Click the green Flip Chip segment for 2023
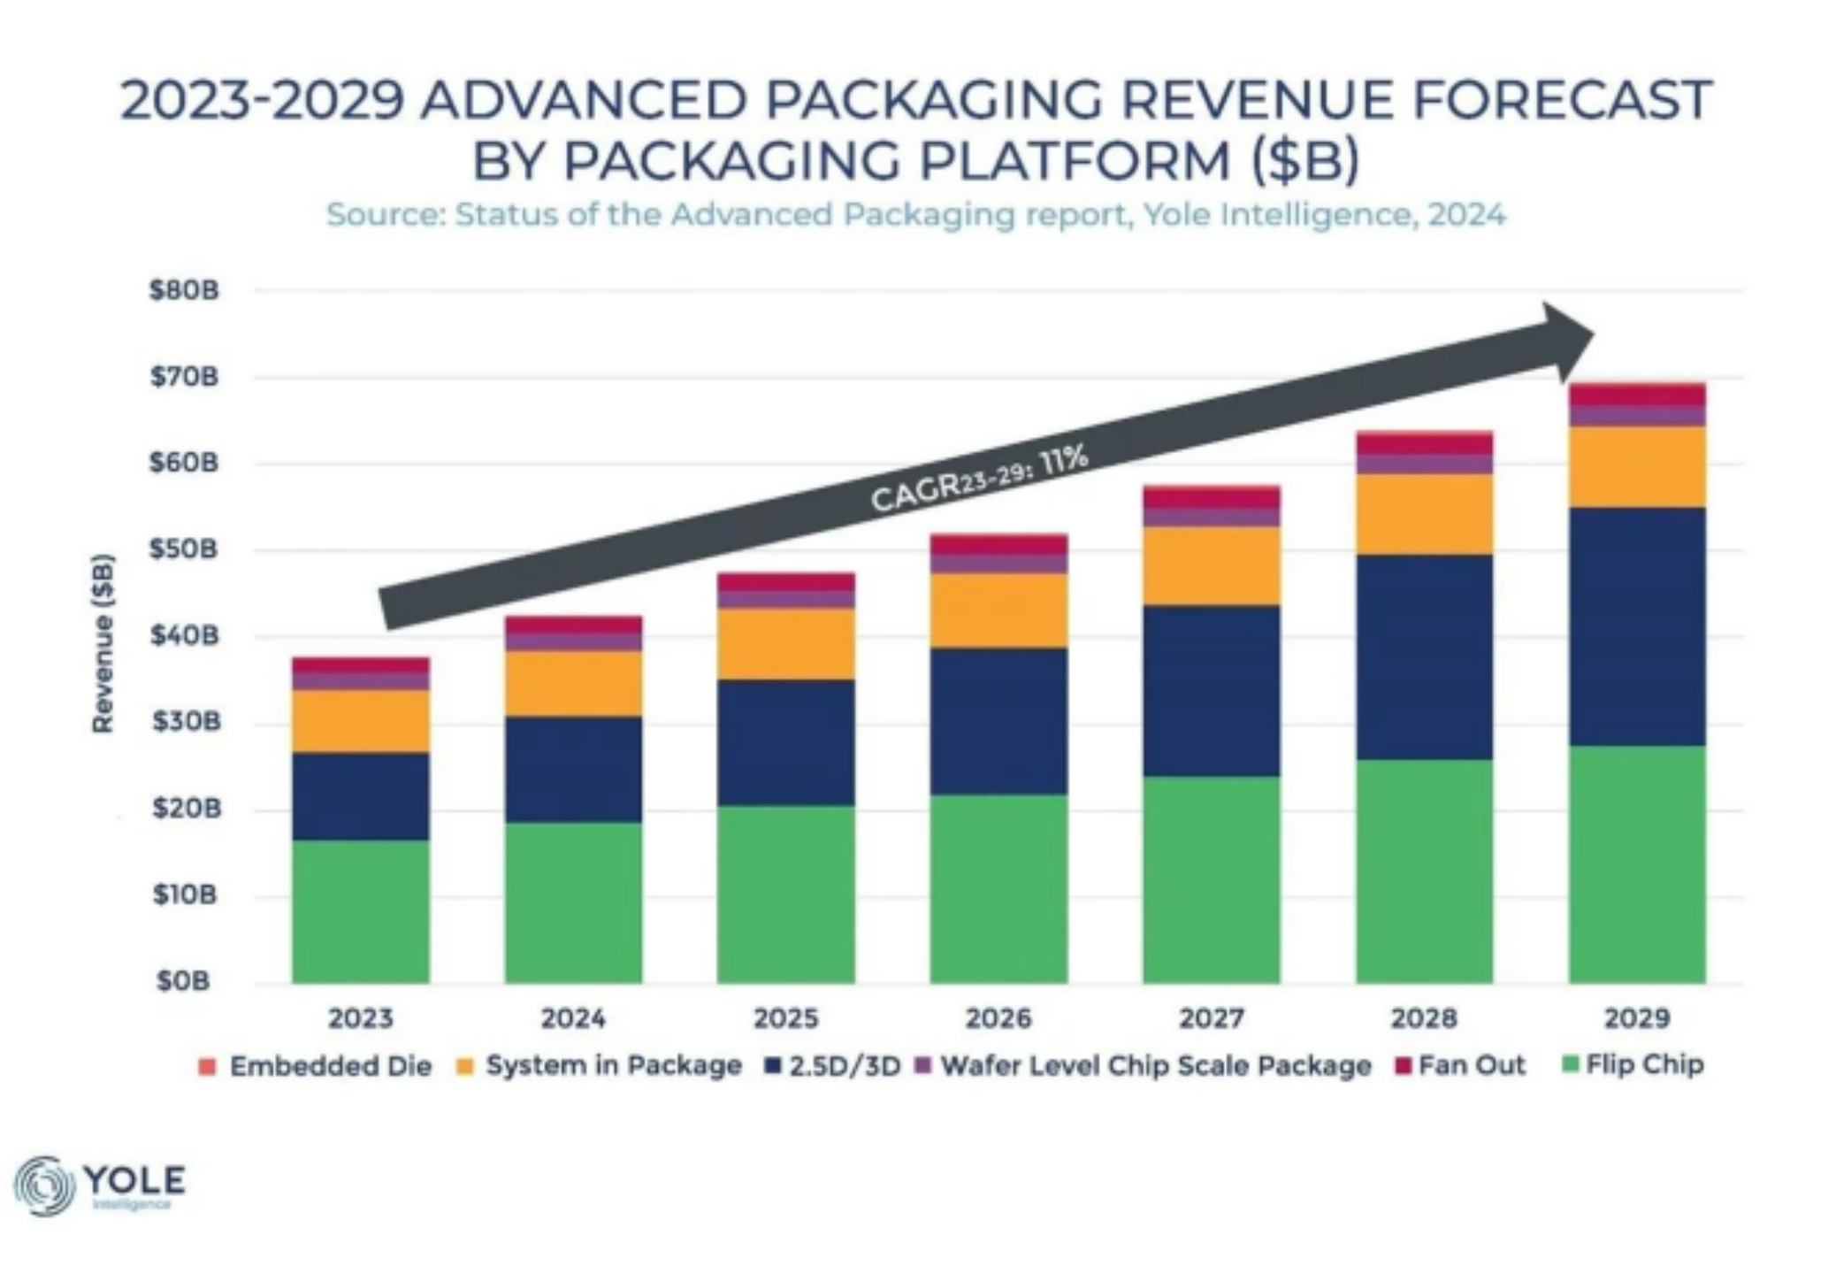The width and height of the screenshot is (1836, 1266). [x=360, y=911]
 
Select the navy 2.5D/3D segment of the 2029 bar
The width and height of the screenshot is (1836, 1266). [x=1636, y=626]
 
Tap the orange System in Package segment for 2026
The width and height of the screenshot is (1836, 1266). [x=998, y=610]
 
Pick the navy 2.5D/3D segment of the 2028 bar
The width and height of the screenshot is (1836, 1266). [x=1424, y=656]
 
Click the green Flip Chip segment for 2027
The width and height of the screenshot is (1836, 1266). [x=1211, y=879]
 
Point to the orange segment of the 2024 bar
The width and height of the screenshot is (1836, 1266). [x=573, y=683]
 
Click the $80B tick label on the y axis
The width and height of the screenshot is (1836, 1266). [x=184, y=291]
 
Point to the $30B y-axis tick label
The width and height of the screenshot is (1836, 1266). [x=184, y=723]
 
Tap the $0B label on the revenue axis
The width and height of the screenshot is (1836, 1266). [x=184, y=981]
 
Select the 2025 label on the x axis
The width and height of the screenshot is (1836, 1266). [x=785, y=1018]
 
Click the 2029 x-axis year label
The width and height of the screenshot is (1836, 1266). [x=1636, y=1018]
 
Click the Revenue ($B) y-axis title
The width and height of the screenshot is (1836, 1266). [x=103, y=643]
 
